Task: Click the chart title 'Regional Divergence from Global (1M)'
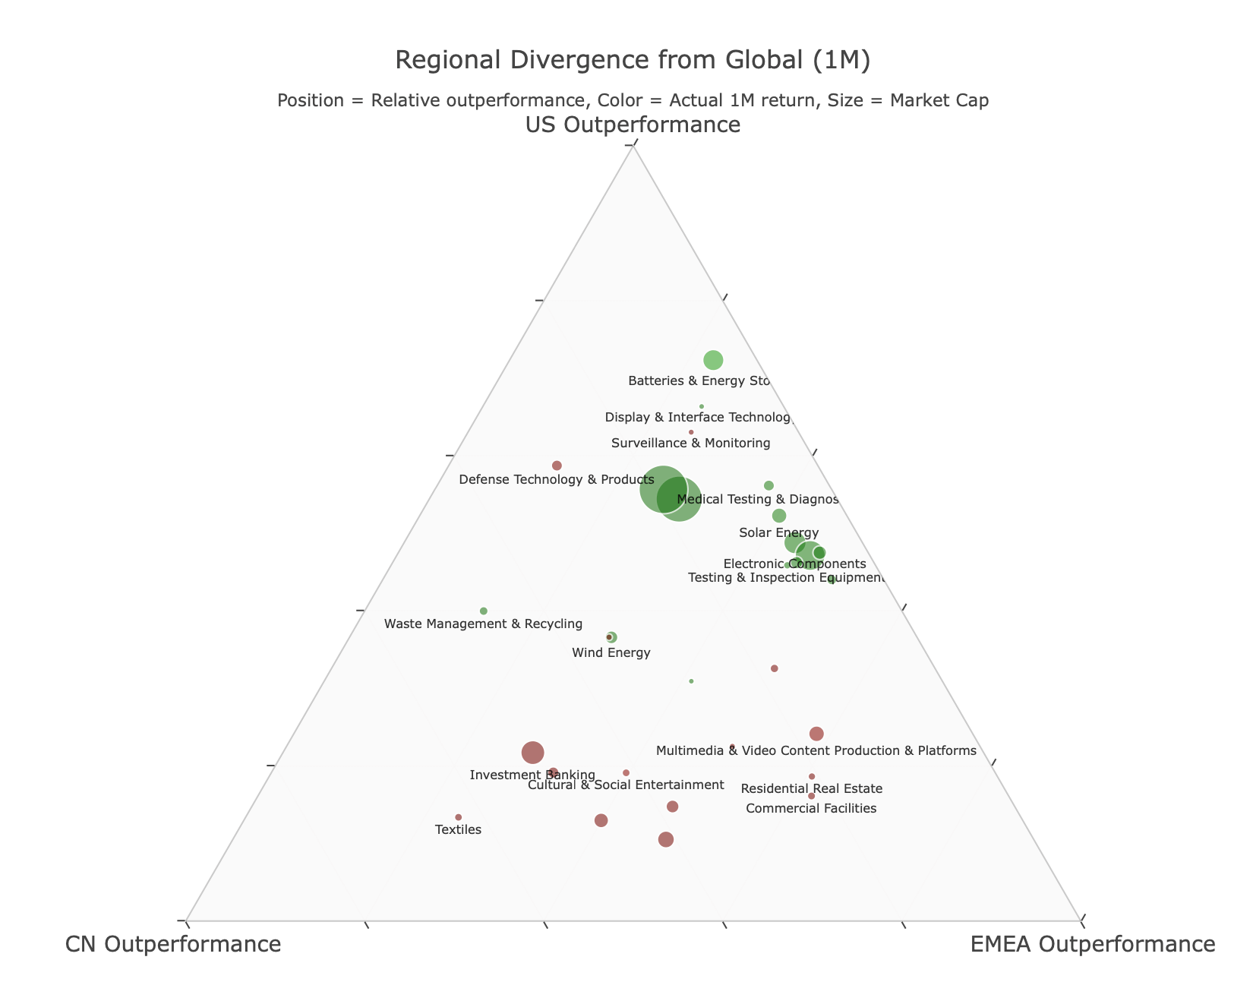tap(633, 60)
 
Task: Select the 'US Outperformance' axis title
tap(633, 125)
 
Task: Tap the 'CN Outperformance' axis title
tap(173, 944)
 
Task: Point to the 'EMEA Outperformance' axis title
tap(1093, 944)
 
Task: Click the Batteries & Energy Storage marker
tap(713, 360)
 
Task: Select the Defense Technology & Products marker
tap(557, 466)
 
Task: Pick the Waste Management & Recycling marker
tap(484, 611)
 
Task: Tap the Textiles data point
tap(459, 817)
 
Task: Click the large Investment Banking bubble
tap(533, 753)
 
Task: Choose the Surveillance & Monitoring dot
tap(691, 432)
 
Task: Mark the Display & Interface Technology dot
tap(702, 406)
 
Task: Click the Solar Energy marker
tap(779, 516)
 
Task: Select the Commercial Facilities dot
tap(812, 796)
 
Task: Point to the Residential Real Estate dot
tap(812, 776)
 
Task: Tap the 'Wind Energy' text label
tap(611, 653)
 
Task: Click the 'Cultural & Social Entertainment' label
tap(626, 785)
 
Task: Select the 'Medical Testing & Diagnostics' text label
tap(757, 500)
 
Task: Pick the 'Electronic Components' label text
tap(794, 564)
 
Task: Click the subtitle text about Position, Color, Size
tap(633, 100)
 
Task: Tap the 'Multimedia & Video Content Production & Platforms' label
tap(816, 751)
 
